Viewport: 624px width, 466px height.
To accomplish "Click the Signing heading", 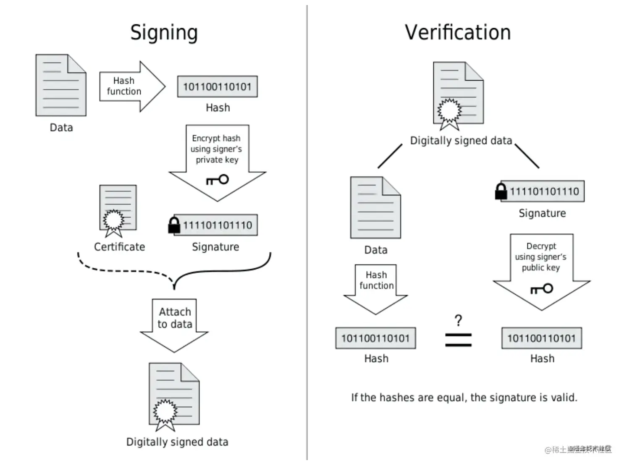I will [x=164, y=33].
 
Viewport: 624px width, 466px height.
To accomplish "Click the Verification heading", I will [x=458, y=33].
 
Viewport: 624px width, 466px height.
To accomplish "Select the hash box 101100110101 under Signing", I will [x=217, y=87].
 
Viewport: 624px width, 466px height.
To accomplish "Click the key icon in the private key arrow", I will [x=218, y=180].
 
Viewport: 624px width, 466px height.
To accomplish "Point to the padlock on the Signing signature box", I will [x=174, y=225].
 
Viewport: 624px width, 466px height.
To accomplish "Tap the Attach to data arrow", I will [x=174, y=323].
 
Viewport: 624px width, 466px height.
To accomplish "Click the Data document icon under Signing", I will [x=61, y=85].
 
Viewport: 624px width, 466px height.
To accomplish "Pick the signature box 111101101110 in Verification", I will [x=544, y=191].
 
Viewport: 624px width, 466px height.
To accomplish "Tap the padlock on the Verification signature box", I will [x=501, y=191].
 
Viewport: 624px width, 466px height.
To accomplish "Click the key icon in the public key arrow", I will [x=542, y=289].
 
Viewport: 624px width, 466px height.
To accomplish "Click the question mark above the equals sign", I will [x=458, y=321].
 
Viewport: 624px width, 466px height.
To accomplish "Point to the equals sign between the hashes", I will [x=458, y=340].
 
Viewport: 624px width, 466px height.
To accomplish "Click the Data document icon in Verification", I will [x=375, y=208].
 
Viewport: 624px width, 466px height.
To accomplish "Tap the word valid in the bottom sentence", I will [x=564, y=398].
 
